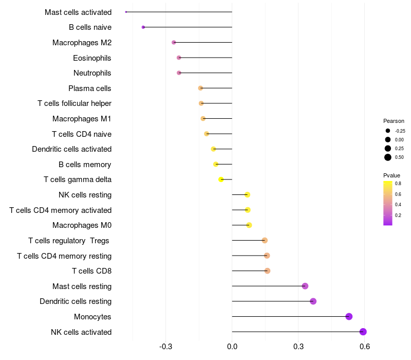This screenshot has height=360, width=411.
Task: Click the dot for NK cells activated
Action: pos(363,332)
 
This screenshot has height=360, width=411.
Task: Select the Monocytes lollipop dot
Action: pos(349,316)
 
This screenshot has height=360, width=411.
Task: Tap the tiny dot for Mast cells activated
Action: pos(126,12)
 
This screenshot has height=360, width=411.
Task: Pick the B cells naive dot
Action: pos(143,27)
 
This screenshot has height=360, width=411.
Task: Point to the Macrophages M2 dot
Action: pos(174,42)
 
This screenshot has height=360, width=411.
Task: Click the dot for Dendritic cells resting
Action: pos(313,301)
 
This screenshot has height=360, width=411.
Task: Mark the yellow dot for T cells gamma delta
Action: pos(221,179)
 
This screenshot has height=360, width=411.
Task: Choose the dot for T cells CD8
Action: pos(267,271)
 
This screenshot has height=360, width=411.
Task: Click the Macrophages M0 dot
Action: pos(249,225)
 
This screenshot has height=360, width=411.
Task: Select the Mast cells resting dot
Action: pos(305,286)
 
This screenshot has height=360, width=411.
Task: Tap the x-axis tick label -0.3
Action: pos(165,347)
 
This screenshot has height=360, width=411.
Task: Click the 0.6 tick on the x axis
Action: pos(365,347)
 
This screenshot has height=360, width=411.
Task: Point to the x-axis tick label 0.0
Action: pos(232,347)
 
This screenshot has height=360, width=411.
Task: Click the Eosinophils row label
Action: pos(92,58)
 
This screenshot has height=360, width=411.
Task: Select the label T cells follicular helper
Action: pos(74,103)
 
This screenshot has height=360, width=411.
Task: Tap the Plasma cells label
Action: pos(89,88)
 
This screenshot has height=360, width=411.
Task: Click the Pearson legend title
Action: pos(394,121)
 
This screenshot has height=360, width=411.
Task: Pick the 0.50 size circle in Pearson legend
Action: pos(388,157)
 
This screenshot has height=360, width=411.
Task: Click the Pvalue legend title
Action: pos(391,175)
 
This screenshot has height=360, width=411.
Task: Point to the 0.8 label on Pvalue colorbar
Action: pos(398,184)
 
